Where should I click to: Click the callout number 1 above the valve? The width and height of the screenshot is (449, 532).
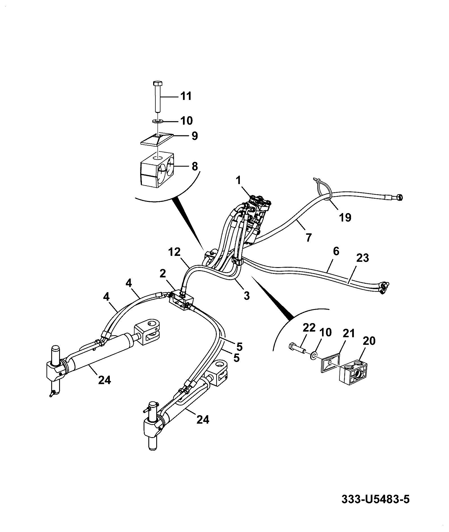point(238,180)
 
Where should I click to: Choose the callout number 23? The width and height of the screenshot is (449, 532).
point(362,258)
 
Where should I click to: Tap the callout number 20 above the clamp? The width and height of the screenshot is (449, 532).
point(369,341)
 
